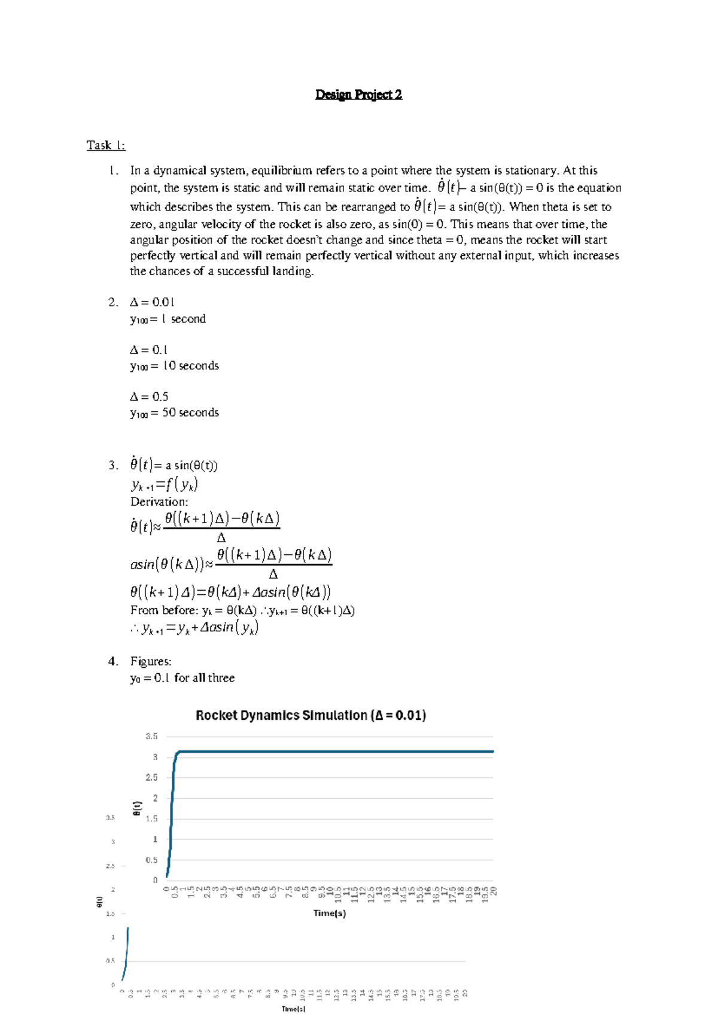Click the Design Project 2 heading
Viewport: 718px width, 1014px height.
358,94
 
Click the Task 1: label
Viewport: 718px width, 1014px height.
106,145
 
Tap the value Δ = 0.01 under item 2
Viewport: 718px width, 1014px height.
152,302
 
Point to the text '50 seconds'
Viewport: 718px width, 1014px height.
190,413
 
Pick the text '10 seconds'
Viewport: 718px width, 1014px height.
190,365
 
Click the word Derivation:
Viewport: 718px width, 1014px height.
159,502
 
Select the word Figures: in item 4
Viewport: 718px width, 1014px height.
151,661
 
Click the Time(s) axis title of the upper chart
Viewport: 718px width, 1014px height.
330,913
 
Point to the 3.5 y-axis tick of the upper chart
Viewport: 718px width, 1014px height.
152,737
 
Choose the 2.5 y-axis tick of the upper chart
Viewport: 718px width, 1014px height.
152,777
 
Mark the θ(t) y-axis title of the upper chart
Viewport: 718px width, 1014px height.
137,808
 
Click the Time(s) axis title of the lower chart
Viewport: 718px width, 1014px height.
293,1009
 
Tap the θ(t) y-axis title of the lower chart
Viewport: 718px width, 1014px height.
99,902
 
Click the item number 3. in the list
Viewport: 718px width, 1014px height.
114,465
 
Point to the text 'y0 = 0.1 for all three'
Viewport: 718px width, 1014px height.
182,678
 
